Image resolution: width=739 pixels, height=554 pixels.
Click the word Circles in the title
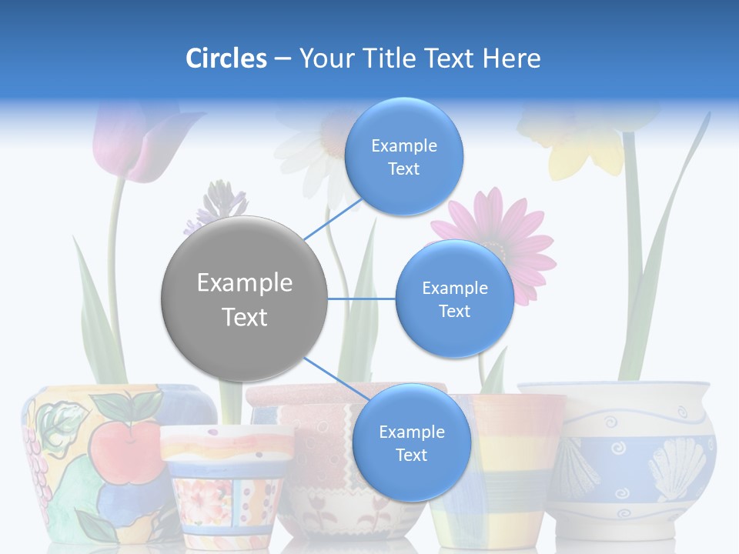click(226, 58)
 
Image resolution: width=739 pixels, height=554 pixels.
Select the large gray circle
click(244, 299)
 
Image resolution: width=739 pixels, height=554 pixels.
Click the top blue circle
click(404, 156)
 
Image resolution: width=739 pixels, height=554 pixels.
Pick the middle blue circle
click(454, 299)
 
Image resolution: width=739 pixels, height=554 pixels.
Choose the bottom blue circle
click(411, 442)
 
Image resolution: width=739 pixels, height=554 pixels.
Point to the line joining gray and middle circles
click(362, 299)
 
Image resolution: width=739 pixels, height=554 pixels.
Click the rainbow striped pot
click(500, 469)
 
